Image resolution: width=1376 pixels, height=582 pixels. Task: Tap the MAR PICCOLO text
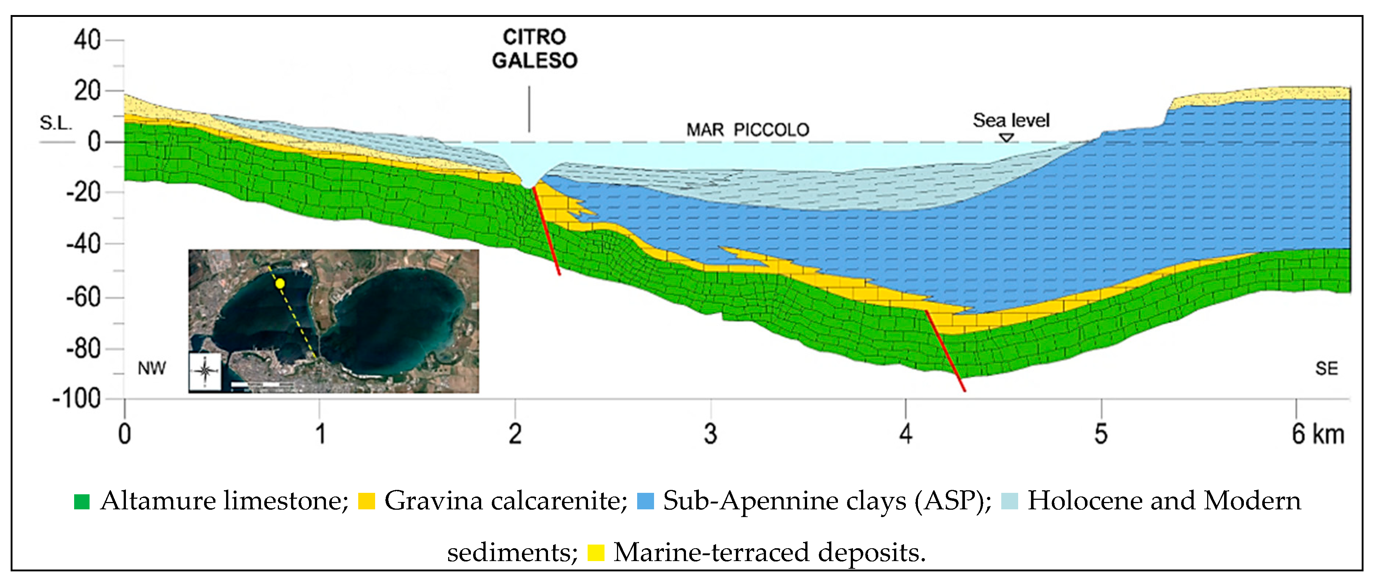(x=747, y=130)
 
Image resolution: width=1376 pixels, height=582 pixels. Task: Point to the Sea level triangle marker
(x=1006, y=138)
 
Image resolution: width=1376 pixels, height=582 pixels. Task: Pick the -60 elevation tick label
(x=83, y=297)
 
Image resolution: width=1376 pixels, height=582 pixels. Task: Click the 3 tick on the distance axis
(x=710, y=433)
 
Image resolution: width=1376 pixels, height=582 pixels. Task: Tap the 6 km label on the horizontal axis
(x=1317, y=433)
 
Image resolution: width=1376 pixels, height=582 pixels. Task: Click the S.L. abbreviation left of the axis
(x=55, y=123)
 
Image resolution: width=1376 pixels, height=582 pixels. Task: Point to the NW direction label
(x=152, y=368)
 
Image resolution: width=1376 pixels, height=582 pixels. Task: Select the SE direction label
(x=1326, y=368)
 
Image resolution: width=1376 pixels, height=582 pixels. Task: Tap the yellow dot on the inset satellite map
(x=280, y=284)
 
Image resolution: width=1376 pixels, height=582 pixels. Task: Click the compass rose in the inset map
(x=205, y=371)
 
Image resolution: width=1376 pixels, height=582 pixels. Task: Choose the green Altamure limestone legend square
(x=82, y=501)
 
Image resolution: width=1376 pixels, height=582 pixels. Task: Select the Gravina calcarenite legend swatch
(x=366, y=501)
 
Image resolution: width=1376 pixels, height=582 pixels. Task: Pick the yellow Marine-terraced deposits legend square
(x=596, y=553)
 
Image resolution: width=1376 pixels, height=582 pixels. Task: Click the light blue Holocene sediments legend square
(x=1009, y=501)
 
